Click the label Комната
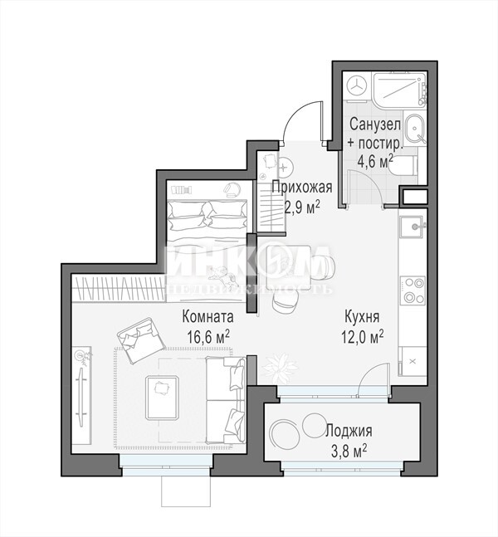pos(207,317)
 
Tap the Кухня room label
pos(362,317)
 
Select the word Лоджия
pos(349,431)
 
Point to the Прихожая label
pos(302,188)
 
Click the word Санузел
pos(375,124)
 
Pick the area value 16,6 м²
pos(208,337)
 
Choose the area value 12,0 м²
pos(362,337)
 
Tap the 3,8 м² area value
pos(349,452)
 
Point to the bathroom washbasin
pos(415,129)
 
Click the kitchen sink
pos(413,227)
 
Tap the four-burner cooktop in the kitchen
pos(413,290)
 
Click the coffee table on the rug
pos(162,398)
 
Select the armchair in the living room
pos(141,339)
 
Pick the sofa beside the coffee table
pos(226,400)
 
